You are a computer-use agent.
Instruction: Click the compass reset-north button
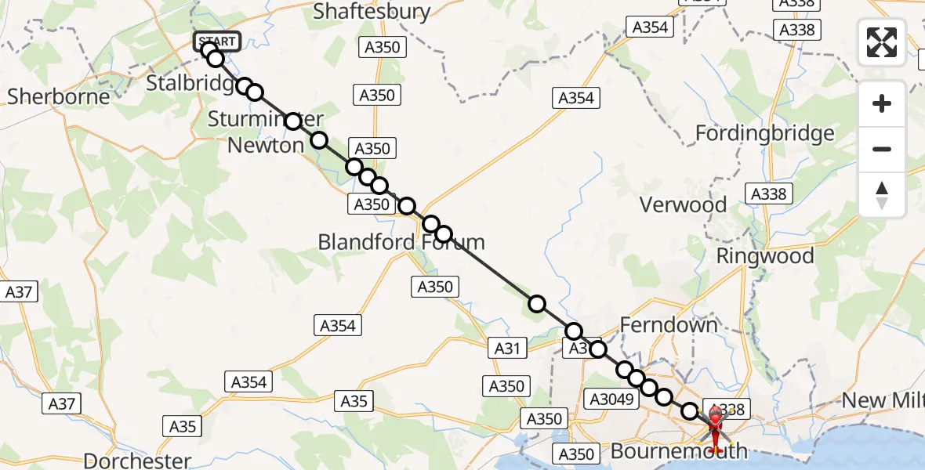point(882,195)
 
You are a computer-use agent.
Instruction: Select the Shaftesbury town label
point(372,11)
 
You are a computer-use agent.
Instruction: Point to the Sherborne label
point(59,96)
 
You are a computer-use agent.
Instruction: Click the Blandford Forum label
point(401,242)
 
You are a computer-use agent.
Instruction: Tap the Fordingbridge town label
point(764,134)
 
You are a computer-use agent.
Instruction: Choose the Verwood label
point(683,205)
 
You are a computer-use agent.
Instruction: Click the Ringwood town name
point(765,256)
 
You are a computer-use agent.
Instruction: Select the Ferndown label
point(669,324)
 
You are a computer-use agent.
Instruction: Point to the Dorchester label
point(137,461)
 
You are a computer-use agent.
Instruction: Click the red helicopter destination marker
point(717,427)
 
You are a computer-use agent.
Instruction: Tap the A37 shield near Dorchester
point(62,404)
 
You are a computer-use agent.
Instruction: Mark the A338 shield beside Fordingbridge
point(771,193)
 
